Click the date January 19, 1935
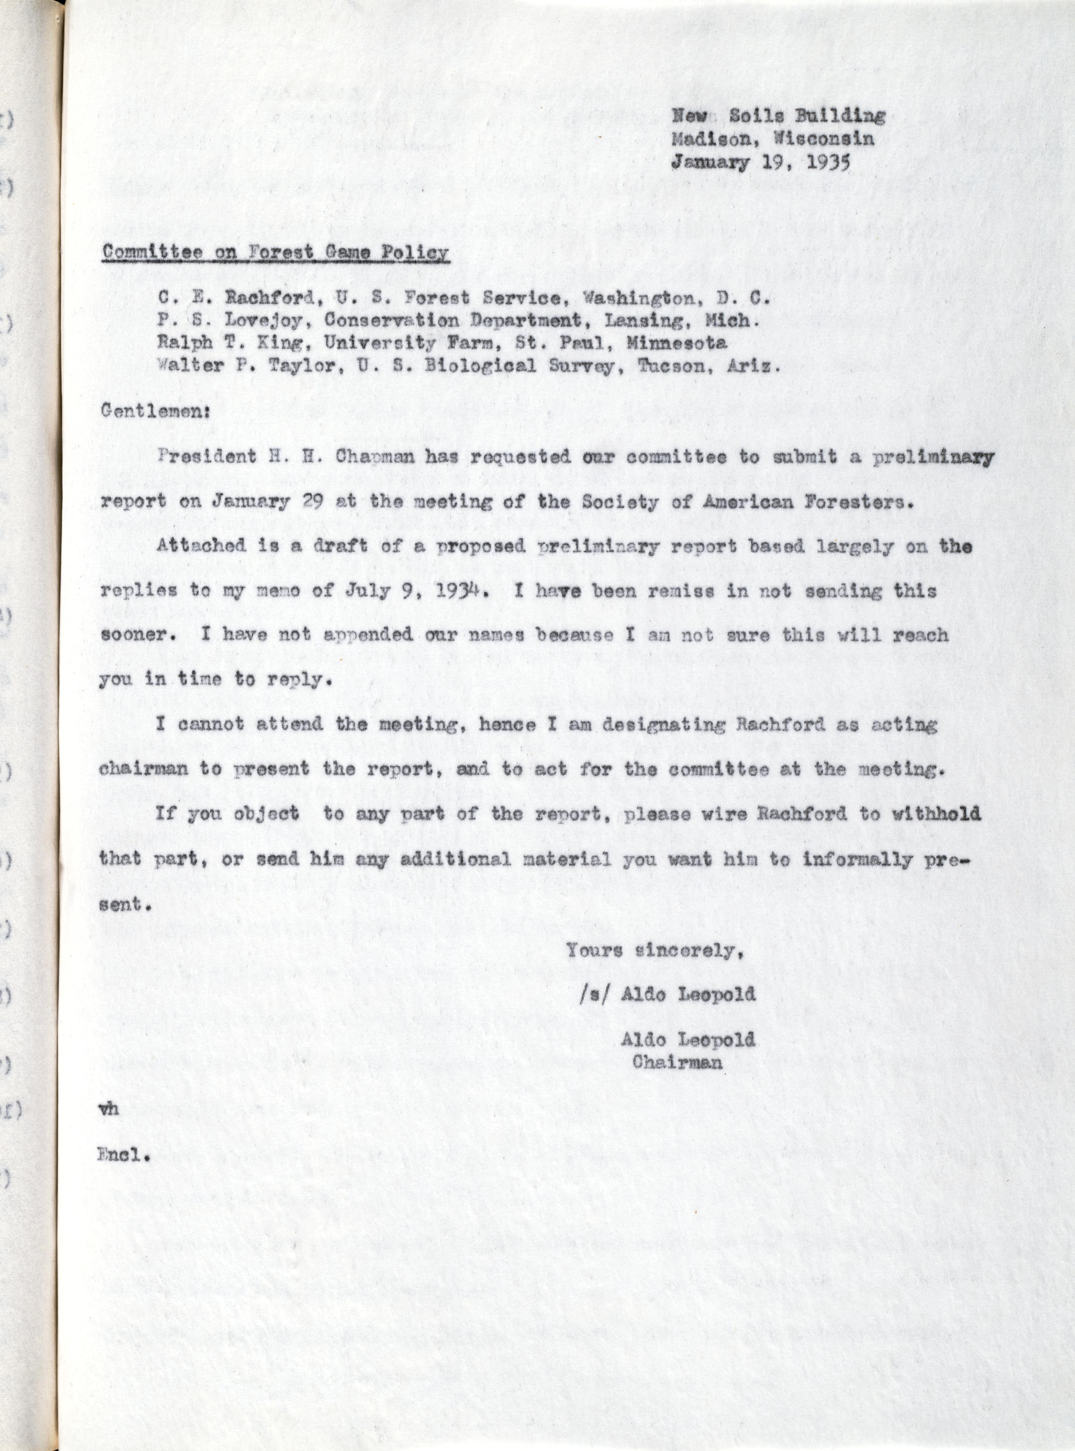tap(761, 163)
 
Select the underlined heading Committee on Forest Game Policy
tap(275, 253)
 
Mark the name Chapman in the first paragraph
tap(375, 457)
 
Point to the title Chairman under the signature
tap(677, 1062)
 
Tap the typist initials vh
tap(109, 1109)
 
